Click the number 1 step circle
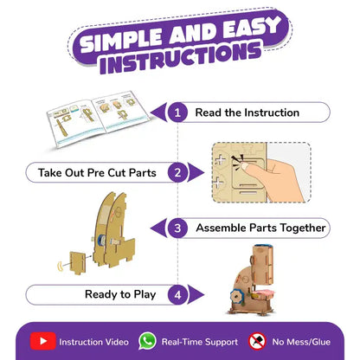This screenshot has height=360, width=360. (177, 112)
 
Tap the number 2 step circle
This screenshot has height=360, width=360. (177, 172)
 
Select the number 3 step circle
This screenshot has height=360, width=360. (177, 228)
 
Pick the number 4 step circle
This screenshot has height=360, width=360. (177, 294)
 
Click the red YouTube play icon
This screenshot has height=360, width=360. (43, 341)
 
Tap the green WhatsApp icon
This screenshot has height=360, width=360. (147, 341)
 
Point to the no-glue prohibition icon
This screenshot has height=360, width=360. (257, 341)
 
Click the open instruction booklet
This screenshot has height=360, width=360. (98, 118)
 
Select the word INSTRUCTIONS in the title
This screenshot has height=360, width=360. (180, 58)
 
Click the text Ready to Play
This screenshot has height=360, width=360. (120, 294)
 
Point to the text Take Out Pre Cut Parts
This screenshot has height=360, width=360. (97, 173)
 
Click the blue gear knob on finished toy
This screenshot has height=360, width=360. (236, 296)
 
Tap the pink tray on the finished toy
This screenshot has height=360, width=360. (263, 294)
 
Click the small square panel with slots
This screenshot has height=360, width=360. (78, 262)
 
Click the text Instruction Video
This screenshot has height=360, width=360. (93, 342)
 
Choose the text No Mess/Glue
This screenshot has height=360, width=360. (301, 342)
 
